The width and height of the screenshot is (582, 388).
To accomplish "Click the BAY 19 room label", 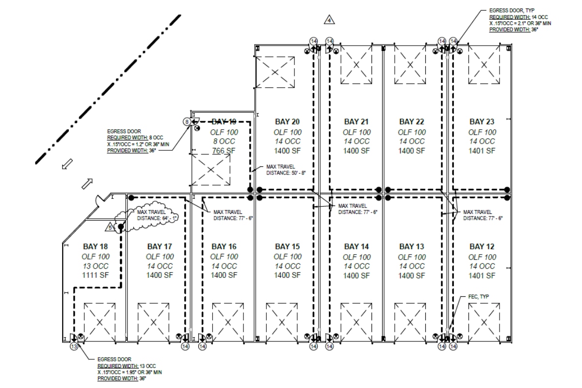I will click(224, 121).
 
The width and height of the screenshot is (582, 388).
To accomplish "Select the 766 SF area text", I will click(224, 151).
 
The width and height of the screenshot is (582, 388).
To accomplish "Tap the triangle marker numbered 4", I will click(330, 20).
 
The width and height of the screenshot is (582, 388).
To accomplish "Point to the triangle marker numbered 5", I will click(110, 226).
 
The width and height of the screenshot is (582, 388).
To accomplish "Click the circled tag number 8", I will click(186, 122).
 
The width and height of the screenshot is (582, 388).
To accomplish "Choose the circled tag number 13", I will click(74, 347).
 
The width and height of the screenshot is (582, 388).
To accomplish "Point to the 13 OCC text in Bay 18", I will click(96, 266).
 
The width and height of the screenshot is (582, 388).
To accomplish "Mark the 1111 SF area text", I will click(96, 275).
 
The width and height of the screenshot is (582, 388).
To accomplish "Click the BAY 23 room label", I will click(482, 121).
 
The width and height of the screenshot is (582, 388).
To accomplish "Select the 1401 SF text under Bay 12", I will click(482, 275).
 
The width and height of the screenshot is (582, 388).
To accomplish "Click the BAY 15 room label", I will click(288, 246).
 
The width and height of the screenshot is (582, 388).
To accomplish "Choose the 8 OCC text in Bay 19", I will click(224, 141).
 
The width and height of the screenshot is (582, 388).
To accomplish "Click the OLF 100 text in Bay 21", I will click(357, 132).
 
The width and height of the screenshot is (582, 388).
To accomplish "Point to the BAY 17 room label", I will click(160, 246).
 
